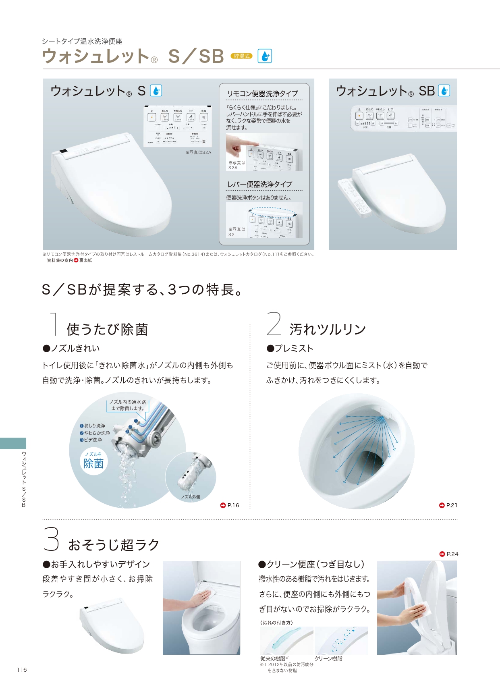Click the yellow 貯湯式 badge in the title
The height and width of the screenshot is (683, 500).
[241, 56]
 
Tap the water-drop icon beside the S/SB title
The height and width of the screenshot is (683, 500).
[265, 56]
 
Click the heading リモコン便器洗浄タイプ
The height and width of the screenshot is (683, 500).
[262, 93]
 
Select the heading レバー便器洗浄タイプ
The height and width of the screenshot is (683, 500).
[260, 184]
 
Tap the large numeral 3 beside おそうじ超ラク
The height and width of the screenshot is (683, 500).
[51, 540]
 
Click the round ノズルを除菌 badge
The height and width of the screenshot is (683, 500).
[93, 461]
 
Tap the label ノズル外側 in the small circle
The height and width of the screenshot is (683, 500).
[191, 497]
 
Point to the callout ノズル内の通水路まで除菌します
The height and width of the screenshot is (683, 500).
[128, 405]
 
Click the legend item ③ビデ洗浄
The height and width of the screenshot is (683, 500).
[91, 440]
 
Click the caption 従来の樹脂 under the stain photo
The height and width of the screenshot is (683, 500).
[273, 658]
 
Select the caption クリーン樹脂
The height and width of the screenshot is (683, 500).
[328, 658]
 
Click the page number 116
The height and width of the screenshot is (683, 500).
[22, 670]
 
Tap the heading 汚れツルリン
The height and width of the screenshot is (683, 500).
[327, 329]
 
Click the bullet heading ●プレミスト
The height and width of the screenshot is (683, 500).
[290, 348]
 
